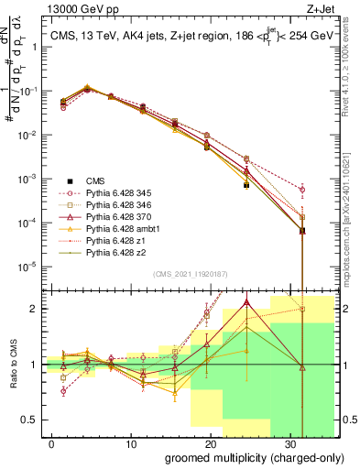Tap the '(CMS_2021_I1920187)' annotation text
coord(190,273)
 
